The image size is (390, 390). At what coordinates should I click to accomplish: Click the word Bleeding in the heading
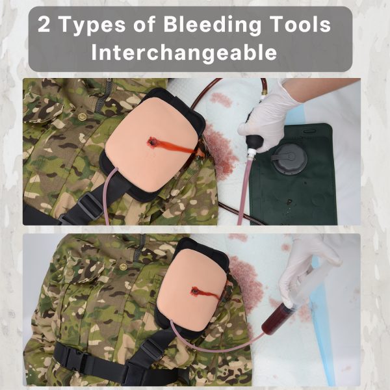click(x=212, y=25)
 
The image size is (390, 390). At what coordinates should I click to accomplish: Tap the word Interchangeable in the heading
click(x=184, y=53)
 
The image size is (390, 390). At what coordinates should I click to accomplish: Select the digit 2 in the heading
click(x=44, y=25)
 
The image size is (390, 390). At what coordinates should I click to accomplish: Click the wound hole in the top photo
click(x=151, y=142)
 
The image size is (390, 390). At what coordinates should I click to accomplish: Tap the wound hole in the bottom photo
click(x=195, y=291)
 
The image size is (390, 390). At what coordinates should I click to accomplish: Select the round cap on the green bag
click(x=289, y=158)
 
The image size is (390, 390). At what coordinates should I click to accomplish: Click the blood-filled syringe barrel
click(x=277, y=319)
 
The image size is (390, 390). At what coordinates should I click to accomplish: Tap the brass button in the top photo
click(x=82, y=116)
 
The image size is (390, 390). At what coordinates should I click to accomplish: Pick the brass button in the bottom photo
click(x=123, y=267)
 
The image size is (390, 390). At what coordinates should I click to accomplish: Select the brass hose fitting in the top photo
click(x=263, y=95)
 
